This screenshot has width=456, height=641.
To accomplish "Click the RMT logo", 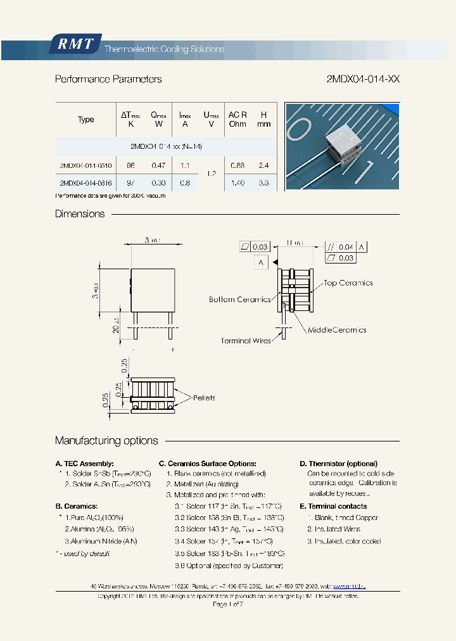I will pos(75,44).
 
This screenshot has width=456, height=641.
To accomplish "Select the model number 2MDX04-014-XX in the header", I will pos(363,79).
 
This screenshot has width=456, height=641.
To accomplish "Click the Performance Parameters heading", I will pos(108,79).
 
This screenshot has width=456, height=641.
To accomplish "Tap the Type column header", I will pos(85,119).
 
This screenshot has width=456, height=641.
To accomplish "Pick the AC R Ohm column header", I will pos(237,119).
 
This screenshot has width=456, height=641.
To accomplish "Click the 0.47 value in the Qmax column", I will pos(158,165).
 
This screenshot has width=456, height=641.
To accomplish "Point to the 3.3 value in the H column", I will pos(264,182).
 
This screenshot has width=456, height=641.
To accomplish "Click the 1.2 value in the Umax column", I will pos(212,174).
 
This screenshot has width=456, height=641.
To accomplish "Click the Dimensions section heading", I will pos(80,214).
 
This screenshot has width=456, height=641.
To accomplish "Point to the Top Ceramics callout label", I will pos(348,283).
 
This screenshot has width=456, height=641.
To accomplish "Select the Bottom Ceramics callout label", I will pos(240,299).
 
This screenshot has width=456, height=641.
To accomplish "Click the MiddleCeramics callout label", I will pos(337,330).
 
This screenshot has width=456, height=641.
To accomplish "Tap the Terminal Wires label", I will pos(246,341).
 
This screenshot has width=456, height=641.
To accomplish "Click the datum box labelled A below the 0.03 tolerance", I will pos(260,262).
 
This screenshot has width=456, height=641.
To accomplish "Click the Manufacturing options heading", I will pos(106,441).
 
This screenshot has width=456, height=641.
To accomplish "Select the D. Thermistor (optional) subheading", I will pos(338,464).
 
